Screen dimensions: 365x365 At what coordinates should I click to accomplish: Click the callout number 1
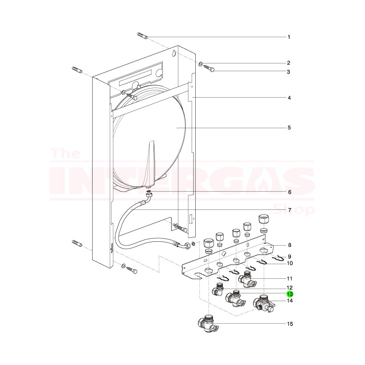(288, 36)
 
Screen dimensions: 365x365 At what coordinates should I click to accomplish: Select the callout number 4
(288, 98)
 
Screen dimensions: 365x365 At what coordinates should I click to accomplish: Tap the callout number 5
(288, 128)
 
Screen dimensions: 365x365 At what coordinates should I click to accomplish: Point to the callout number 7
(288, 210)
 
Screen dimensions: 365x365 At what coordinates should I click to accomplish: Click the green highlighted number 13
(289, 294)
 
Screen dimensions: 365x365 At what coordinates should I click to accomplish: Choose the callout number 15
(289, 324)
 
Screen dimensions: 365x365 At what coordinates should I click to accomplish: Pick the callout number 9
(288, 256)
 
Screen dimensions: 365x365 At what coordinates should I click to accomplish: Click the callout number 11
(289, 278)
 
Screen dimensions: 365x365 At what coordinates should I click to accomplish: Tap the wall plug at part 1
(142, 36)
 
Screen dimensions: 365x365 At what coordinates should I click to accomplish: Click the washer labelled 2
(201, 63)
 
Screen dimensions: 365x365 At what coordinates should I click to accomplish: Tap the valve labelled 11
(247, 278)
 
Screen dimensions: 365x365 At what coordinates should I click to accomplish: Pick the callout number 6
(288, 192)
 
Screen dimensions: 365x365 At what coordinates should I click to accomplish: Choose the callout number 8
(288, 245)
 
